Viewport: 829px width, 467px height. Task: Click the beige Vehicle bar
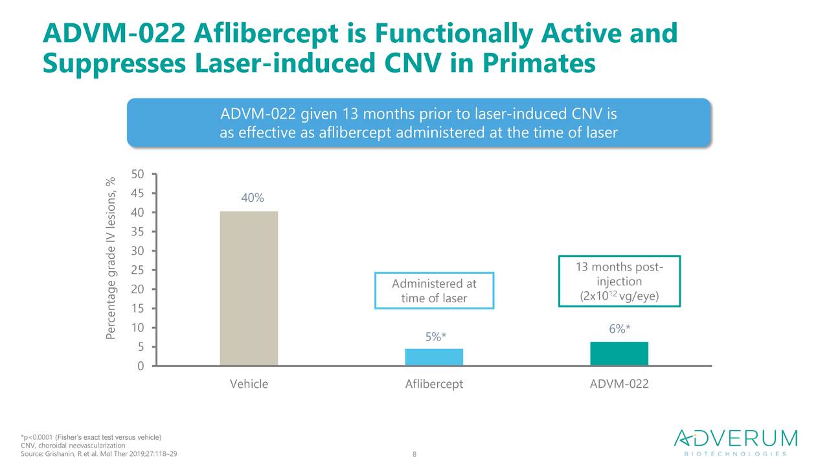(x=249, y=289)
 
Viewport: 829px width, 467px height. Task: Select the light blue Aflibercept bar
(x=434, y=357)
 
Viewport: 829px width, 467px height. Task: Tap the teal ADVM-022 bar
(x=619, y=353)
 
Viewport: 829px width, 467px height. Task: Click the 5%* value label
(x=436, y=337)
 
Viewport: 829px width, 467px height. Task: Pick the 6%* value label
(x=620, y=329)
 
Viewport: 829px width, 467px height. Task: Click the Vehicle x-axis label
(x=249, y=384)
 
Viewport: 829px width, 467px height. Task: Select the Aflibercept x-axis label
(x=434, y=384)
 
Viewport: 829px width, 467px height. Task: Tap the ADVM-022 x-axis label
(x=619, y=384)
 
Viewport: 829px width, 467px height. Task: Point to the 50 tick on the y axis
(x=137, y=174)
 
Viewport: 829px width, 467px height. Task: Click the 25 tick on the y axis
(x=137, y=270)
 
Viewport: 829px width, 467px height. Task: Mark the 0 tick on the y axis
(x=140, y=366)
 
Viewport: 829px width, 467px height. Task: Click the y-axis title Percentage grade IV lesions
(x=111, y=258)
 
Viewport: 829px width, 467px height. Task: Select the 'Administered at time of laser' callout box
(x=434, y=291)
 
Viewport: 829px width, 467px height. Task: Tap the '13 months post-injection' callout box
(x=619, y=281)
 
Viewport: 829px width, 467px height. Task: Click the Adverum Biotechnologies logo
(x=736, y=442)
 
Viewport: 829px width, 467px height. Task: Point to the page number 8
(x=414, y=454)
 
